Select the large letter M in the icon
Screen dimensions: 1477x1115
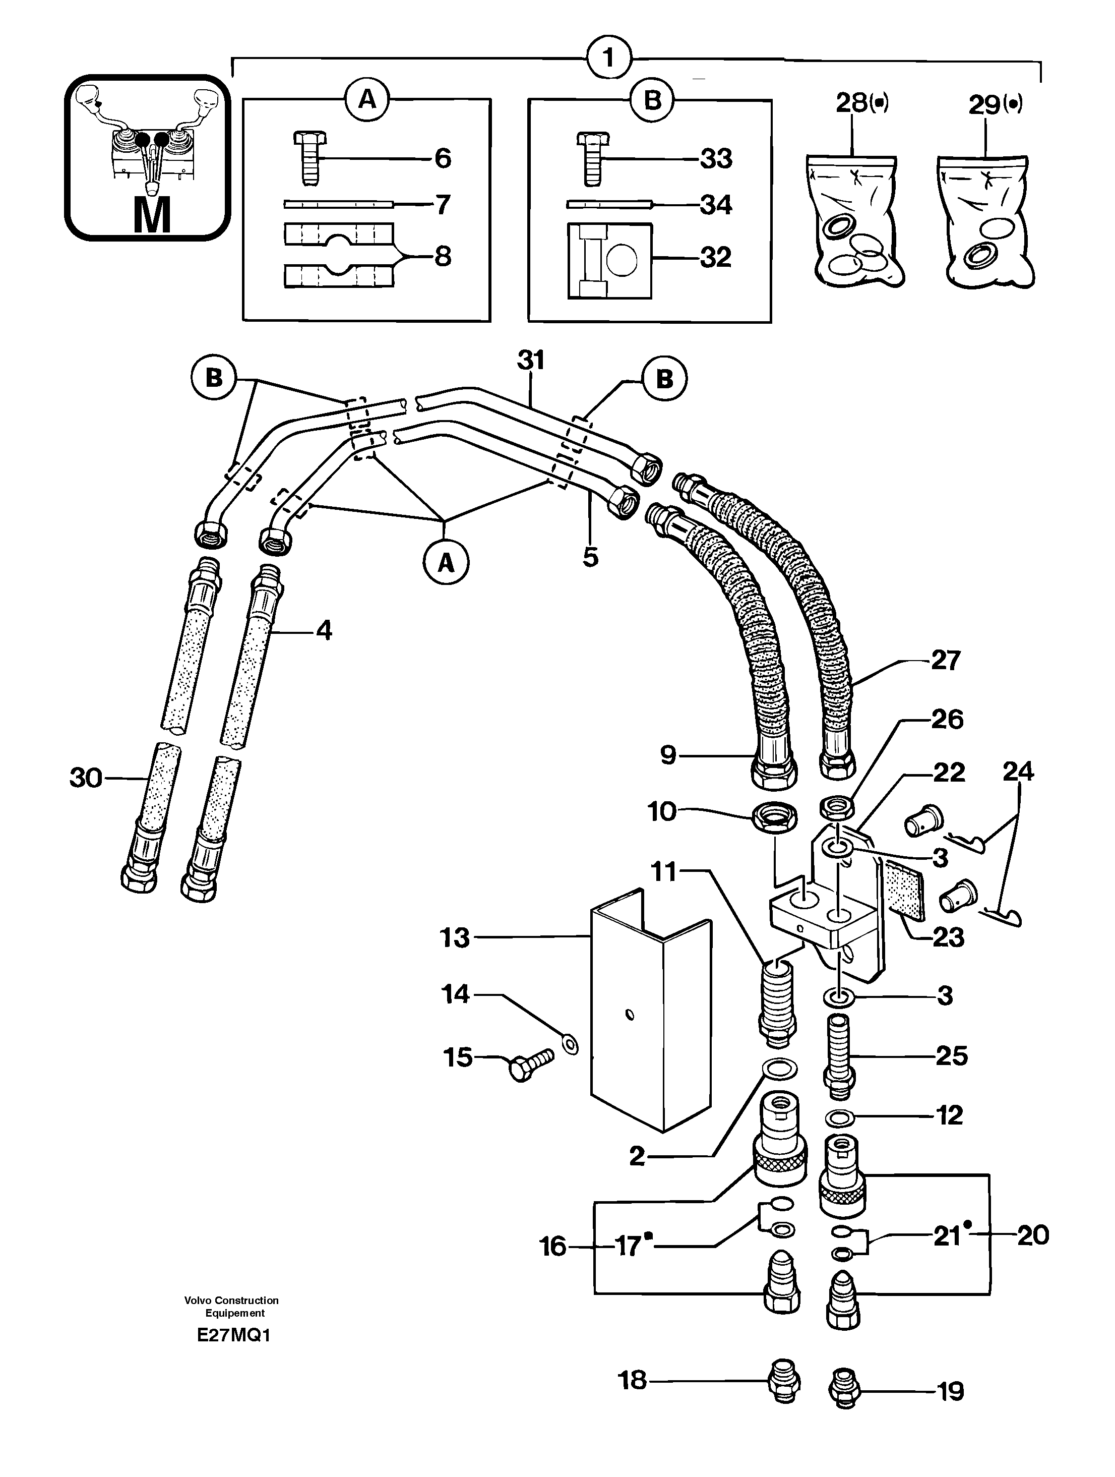[152, 215]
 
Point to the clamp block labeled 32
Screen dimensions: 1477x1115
[608, 260]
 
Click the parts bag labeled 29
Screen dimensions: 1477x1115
[986, 220]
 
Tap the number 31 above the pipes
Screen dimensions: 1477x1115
[530, 361]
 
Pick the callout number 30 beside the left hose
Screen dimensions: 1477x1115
[86, 778]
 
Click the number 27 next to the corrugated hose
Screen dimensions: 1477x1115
[945, 661]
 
